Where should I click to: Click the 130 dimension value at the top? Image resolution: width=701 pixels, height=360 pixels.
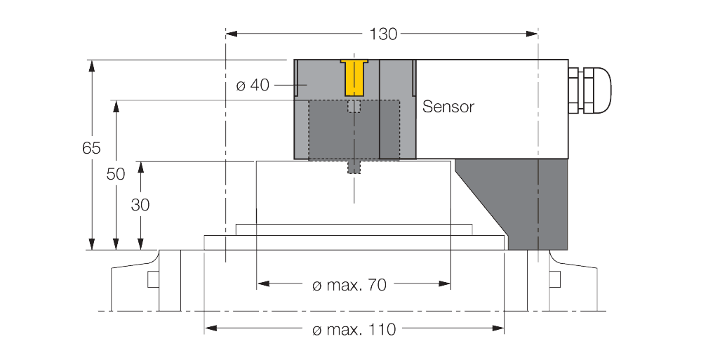(382, 34)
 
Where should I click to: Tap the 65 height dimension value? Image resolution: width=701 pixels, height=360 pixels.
(91, 148)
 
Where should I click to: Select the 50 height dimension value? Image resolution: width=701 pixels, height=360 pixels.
(116, 174)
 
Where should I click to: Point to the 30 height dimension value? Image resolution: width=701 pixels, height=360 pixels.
(140, 205)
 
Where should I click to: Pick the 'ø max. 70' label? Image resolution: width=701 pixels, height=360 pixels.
(349, 285)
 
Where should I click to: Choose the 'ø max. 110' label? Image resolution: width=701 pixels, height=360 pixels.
(354, 329)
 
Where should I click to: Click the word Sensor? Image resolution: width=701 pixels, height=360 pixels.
(448, 107)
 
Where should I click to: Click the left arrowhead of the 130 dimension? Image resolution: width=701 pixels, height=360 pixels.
(231, 33)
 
